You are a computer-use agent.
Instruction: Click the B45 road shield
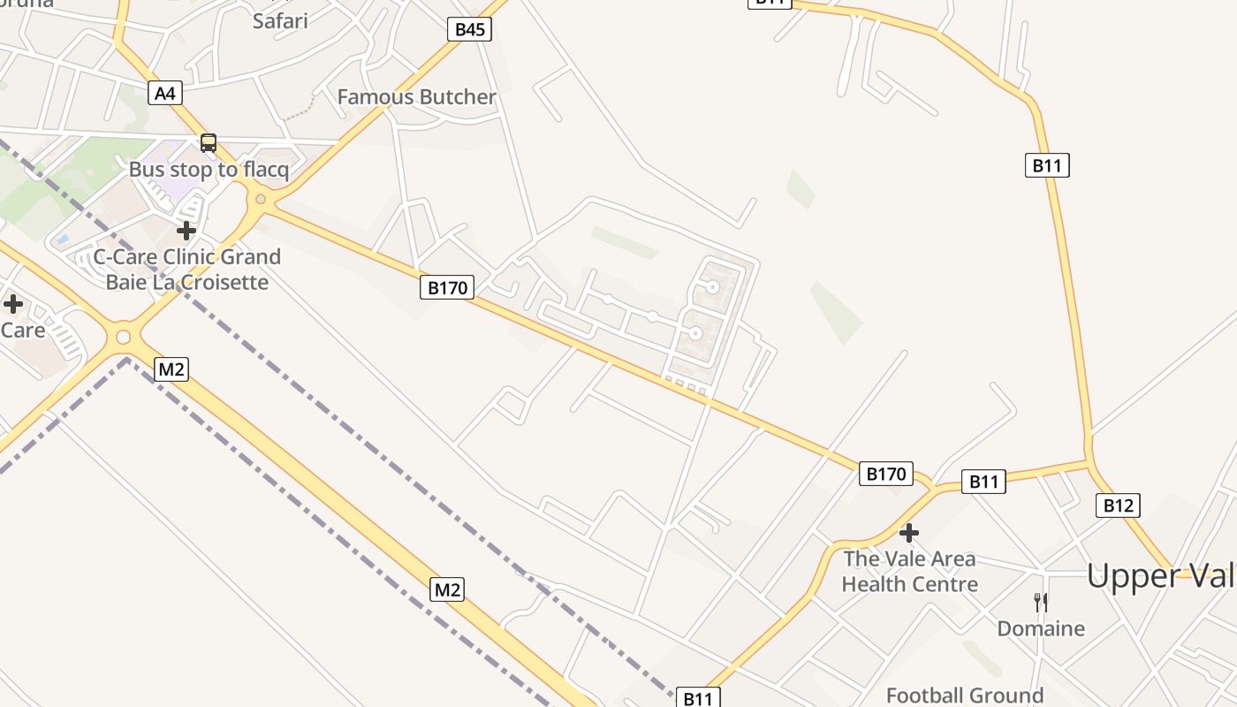pos(469,29)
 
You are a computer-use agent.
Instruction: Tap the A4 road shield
pos(165,93)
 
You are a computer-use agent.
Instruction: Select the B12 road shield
pos(1118,506)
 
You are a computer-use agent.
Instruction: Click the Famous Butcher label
pos(417,97)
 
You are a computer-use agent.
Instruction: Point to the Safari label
pos(280,20)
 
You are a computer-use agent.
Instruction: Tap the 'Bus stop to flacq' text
pos(209,170)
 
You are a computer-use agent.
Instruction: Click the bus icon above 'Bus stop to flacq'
pos(209,143)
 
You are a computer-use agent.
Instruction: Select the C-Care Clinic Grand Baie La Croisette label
pos(187,270)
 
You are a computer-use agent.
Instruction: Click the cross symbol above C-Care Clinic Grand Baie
pos(186,231)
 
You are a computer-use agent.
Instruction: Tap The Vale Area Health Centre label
pos(909,571)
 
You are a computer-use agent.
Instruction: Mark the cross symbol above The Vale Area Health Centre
pos(909,532)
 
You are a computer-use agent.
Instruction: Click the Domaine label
pos(1041,628)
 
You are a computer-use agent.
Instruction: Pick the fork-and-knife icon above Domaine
pos(1041,603)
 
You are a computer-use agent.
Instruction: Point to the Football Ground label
pos(964,696)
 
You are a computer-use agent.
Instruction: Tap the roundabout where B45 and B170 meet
pos(260,199)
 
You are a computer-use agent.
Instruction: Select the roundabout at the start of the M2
pos(123,337)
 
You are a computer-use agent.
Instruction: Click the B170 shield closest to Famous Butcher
pos(446,287)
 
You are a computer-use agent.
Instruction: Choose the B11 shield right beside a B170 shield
pos(983,482)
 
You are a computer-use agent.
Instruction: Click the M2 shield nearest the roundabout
pos(171,369)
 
